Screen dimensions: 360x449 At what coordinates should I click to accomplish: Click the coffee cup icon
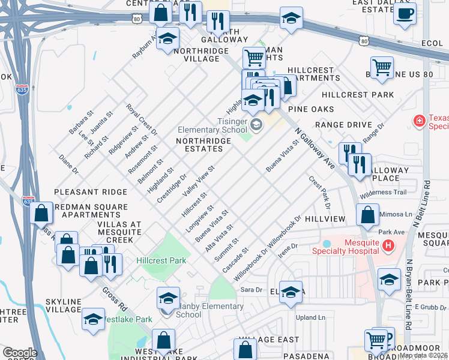(405, 13)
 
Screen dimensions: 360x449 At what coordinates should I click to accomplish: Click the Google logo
(20, 353)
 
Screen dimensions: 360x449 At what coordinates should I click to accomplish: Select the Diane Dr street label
(68, 164)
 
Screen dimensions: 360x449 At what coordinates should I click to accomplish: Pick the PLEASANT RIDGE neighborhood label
(90, 192)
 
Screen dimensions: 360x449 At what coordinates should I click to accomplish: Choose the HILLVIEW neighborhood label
(325, 220)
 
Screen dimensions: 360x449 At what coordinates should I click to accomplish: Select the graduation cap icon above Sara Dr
(291, 292)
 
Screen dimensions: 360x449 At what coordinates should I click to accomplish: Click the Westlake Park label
(128, 319)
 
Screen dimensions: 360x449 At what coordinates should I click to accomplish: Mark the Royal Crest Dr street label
(141, 119)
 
